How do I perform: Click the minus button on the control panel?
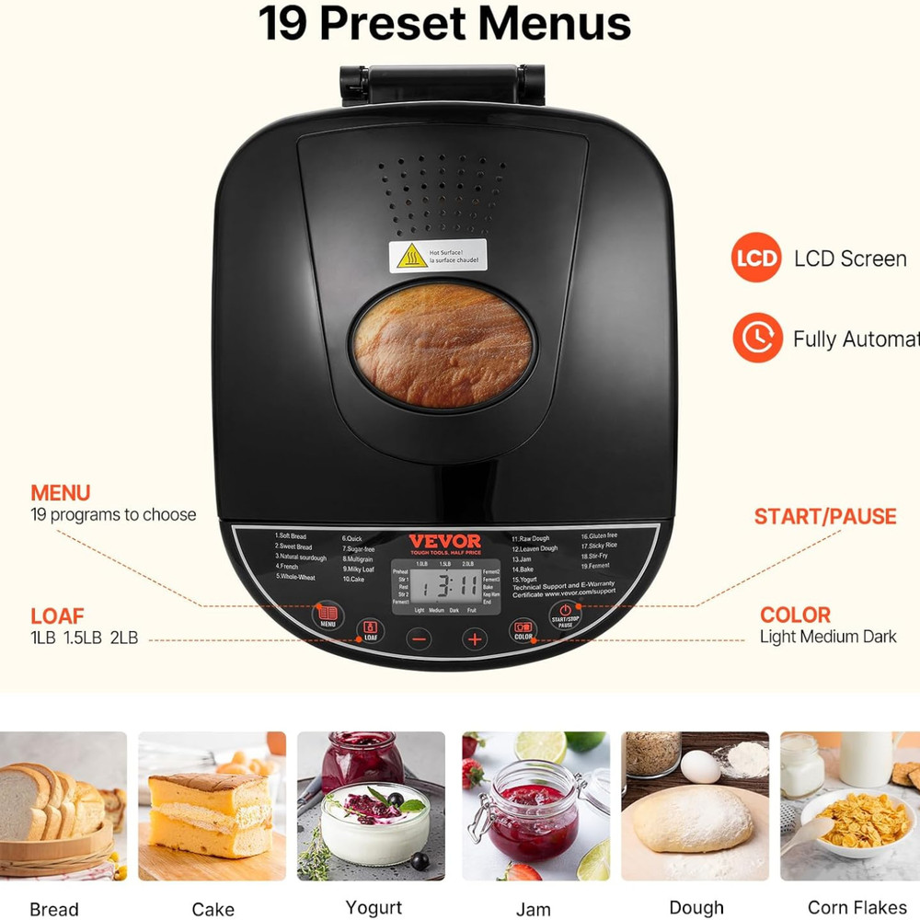[x=420, y=638]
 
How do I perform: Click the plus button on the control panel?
[x=475, y=638]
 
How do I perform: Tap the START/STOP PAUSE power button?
[x=565, y=615]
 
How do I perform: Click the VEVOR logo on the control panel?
[x=444, y=541]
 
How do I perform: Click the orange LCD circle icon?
[x=756, y=259]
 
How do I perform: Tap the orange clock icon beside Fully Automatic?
[x=756, y=338]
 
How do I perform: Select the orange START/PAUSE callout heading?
[x=824, y=516]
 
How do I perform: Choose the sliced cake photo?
[x=212, y=805]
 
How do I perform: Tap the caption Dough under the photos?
[x=696, y=908]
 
